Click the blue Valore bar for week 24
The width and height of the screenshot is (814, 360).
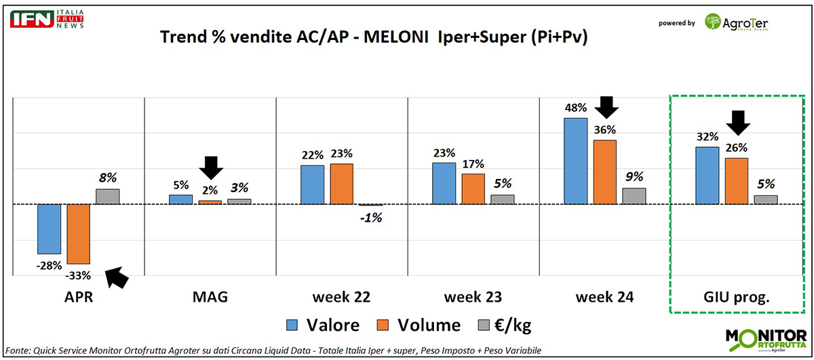click(x=575, y=161)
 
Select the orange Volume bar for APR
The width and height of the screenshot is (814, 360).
click(x=78, y=233)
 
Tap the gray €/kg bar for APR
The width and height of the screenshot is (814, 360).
click(x=107, y=196)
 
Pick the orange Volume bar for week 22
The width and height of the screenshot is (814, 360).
click(x=342, y=183)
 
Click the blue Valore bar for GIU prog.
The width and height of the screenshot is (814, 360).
click(x=707, y=175)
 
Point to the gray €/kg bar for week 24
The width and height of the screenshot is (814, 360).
click(x=634, y=195)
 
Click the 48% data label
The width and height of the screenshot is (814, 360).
click(x=575, y=108)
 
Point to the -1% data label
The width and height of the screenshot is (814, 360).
click(x=371, y=218)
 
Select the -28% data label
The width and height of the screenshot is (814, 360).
click(x=50, y=265)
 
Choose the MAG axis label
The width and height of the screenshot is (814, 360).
click(x=210, y=296)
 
